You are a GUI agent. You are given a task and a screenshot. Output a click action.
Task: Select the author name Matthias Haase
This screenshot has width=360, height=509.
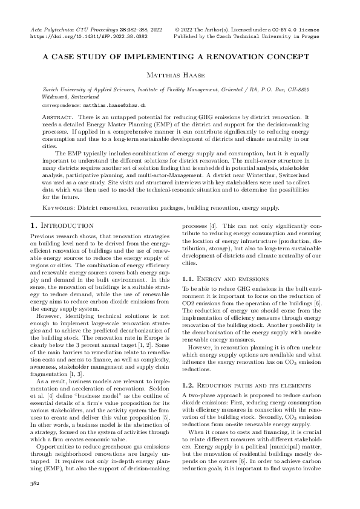[180, 74]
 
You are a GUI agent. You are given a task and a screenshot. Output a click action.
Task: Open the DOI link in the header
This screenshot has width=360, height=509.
[88, 36]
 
